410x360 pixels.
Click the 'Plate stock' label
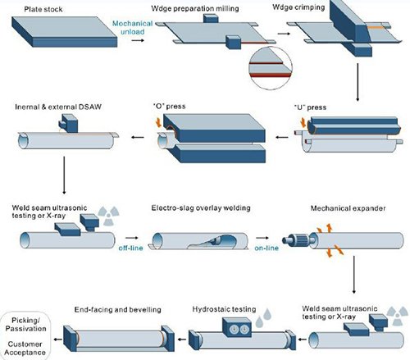coord(43,9)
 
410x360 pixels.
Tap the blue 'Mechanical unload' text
coord(132,28)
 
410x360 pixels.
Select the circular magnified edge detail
coord(271,68)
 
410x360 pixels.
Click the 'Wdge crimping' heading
coord(298,7)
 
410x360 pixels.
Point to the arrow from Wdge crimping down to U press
coord(358,82)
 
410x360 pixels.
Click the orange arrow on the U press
coord(303,123)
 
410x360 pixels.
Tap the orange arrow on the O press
coord(158,122)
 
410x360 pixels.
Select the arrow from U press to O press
coord(282,137)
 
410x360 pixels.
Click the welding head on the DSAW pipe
coord(68,124)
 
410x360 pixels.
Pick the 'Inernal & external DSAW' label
coord(58,107)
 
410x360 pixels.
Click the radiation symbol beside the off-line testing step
coord(109,216)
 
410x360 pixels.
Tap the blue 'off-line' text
coord(130,248)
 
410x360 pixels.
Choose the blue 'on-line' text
coord(266,248)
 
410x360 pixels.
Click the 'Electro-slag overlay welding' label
coord(201,208)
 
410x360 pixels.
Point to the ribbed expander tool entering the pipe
coord(299,239)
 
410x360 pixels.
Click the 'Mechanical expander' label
coord(348,208)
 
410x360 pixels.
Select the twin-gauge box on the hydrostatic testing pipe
coord(237,327)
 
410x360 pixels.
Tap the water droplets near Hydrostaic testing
coord(263,317)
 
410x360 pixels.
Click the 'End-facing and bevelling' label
coord(118,309)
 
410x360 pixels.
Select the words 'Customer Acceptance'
coord(25,349)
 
